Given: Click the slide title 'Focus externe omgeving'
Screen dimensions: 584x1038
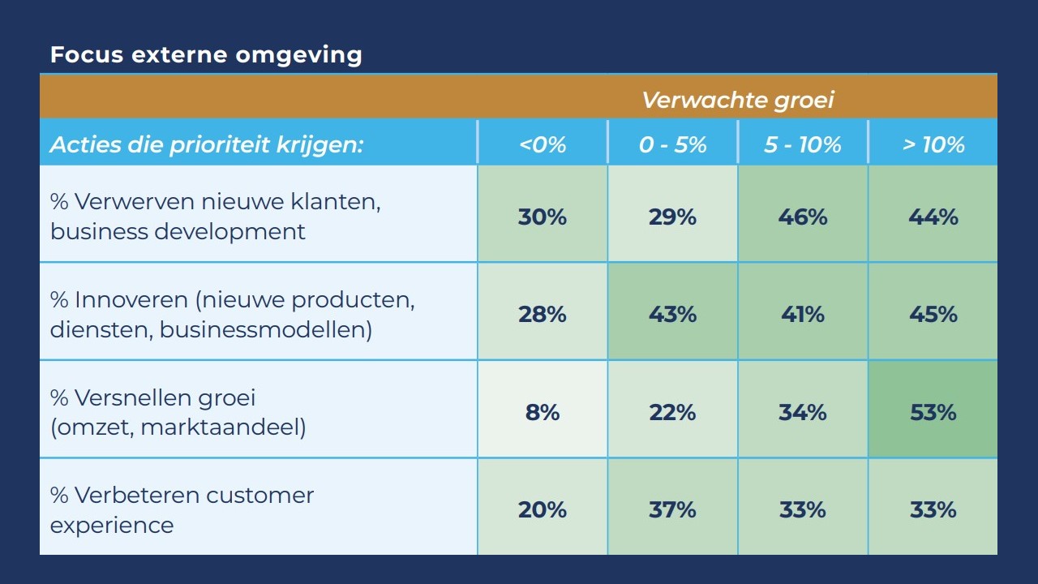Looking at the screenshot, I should click(206, 55).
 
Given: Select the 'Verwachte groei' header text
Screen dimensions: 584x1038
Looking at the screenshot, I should click(738, 100).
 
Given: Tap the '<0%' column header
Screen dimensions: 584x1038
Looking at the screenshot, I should click(543, 144).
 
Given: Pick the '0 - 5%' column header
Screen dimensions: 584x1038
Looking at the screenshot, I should click(672, 144).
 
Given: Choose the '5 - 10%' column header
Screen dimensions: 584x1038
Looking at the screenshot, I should click(803, 144).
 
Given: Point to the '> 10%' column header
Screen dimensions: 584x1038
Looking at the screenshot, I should click(933, 144).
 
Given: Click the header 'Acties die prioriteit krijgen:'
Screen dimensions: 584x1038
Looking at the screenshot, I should click(206, 144).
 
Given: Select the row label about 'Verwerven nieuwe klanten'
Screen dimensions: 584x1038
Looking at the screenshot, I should click(216, 216).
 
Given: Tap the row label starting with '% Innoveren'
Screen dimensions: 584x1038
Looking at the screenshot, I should click(232, 315).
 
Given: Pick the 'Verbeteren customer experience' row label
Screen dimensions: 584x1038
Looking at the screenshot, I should click(182, 509).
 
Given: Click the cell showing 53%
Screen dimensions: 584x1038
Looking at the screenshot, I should click(933, 412).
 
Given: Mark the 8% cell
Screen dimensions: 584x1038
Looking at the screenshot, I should click(543, 412).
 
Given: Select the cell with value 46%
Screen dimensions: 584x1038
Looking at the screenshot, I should click(803, 217).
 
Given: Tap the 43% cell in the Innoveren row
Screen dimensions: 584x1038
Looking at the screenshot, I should click(672, 314).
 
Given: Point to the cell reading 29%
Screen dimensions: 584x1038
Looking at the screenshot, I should click(672, 217).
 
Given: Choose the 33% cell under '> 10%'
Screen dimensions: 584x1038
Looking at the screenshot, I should click(933, 509).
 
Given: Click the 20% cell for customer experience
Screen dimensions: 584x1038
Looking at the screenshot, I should click(543, 509).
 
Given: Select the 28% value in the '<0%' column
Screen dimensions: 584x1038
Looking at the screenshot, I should click(543, 314).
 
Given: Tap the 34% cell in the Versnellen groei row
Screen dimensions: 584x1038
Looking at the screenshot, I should click(803, 412).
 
